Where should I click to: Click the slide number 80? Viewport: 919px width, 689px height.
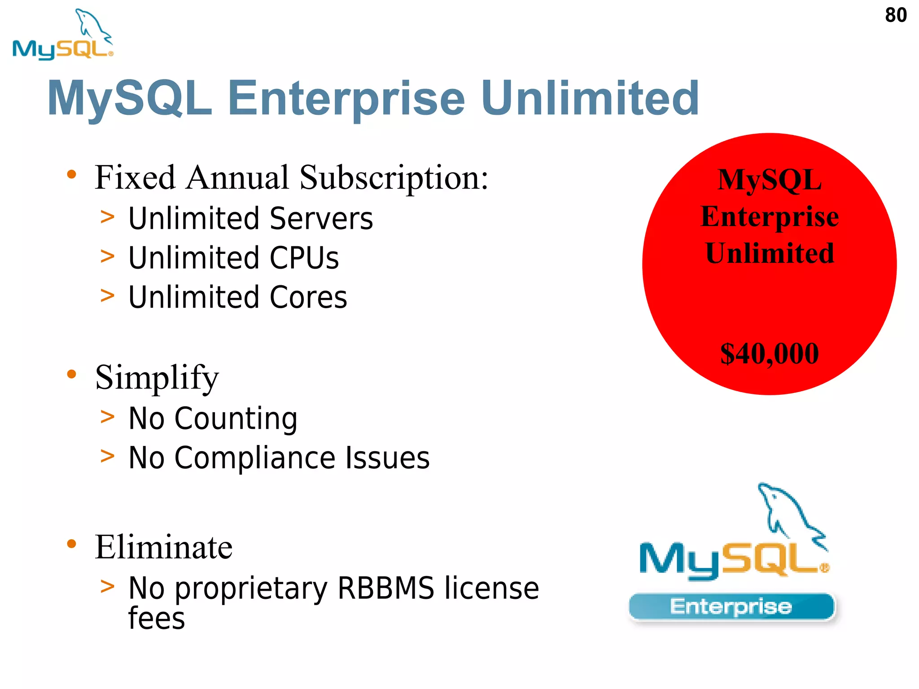pos(896,15)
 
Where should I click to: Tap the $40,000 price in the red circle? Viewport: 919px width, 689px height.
pos(769,353)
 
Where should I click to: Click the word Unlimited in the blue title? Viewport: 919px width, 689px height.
pos(590,98)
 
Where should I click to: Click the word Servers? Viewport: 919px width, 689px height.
pos(321,218)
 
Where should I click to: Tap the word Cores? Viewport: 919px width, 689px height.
pos(308,297)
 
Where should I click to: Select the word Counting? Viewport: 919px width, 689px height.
pos(236,419)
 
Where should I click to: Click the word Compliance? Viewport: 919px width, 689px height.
pos(255,458)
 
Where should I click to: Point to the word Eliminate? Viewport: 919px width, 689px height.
pos(164,547)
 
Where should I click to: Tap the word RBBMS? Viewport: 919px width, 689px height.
pos(386,588)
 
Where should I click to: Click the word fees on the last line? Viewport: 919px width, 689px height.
pos(156,618)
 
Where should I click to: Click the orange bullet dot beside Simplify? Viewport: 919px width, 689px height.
pos(72,374)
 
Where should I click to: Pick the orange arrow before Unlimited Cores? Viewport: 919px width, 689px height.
pos(108,296)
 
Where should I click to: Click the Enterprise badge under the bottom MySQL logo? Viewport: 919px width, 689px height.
pos(731,607)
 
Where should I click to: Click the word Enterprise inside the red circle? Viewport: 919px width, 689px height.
pos(770,217)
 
